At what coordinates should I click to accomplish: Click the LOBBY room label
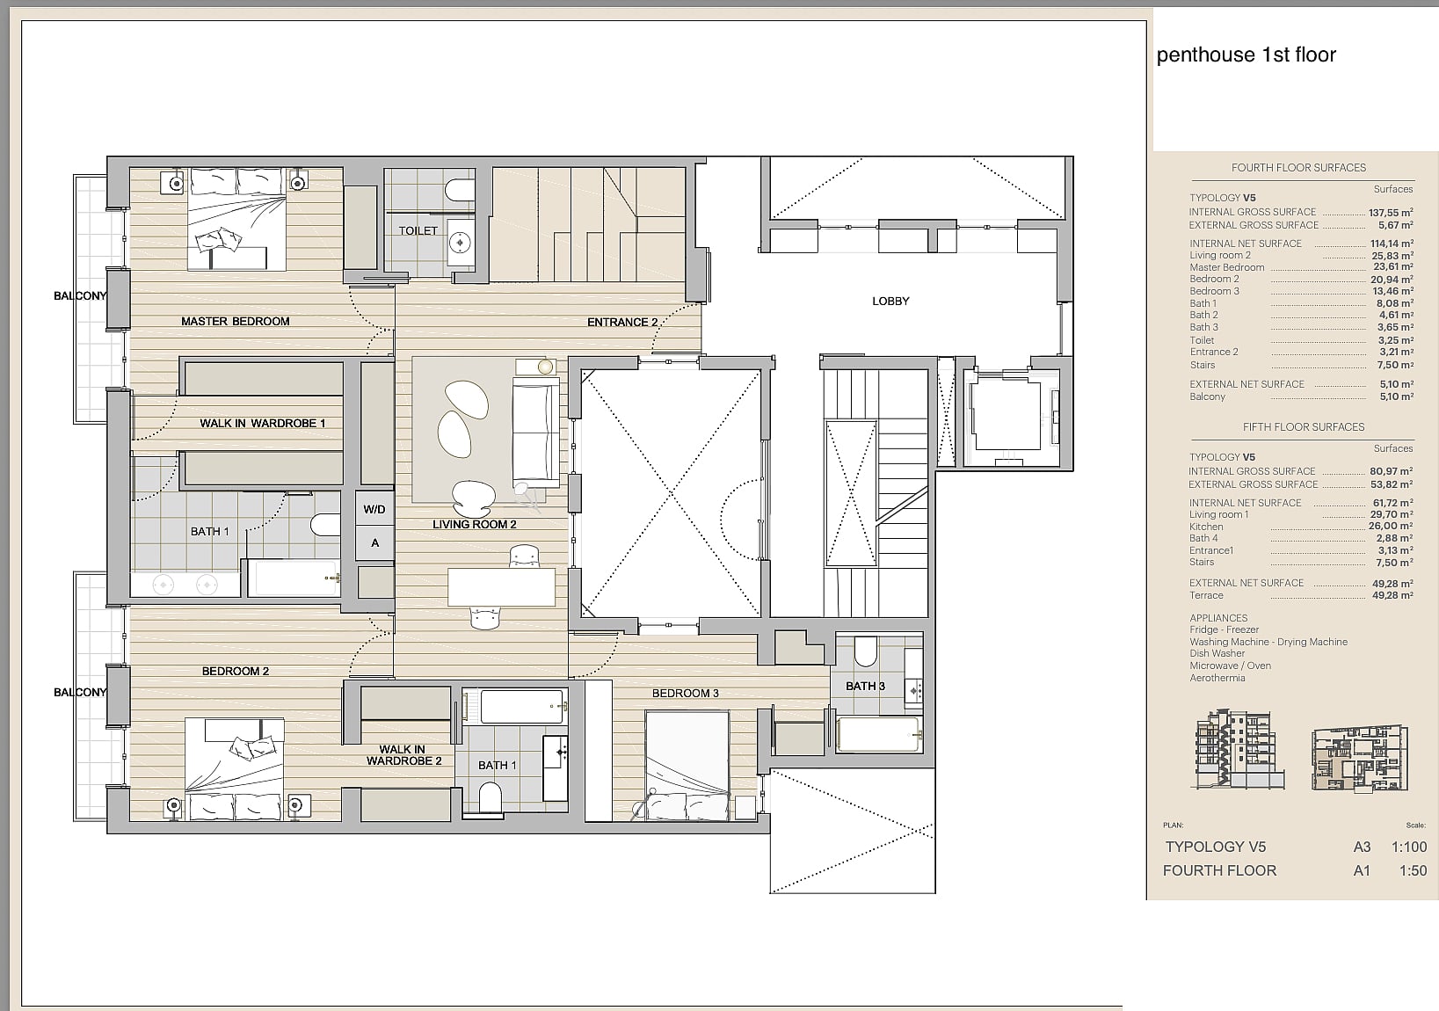890,301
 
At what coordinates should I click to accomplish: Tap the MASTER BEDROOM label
235,321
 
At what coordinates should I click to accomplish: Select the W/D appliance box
374,509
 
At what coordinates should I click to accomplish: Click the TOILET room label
418,230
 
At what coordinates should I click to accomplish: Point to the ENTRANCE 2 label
622,322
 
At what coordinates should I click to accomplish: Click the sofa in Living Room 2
535,433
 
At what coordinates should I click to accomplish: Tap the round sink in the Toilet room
460,242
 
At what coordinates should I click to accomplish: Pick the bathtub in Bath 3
879,734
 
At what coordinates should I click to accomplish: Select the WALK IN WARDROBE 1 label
262,423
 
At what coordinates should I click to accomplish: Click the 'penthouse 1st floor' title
1246,55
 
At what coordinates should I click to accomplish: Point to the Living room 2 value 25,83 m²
1392,255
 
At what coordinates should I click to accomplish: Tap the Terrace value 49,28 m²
1392,595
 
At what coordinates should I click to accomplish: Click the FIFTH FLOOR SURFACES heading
1304,427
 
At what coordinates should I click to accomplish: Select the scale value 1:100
1409,847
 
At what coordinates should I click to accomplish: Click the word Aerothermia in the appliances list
1217,679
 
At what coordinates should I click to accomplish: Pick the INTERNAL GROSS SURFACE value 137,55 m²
1390,212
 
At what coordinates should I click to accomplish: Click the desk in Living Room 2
501,587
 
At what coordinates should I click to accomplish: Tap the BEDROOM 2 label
235,672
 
